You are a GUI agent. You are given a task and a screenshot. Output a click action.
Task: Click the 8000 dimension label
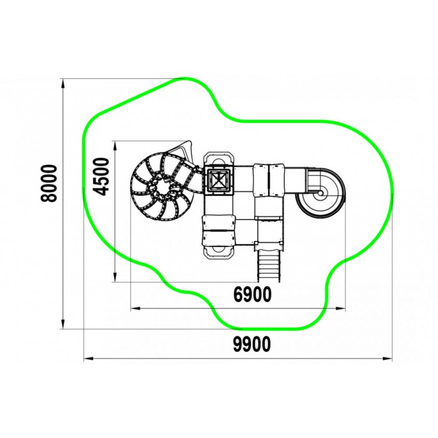tap(49, 183)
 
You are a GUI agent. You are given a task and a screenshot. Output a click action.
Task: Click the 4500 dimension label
tap(101, 176)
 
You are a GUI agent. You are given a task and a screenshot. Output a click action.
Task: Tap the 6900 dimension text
tap(252, 294)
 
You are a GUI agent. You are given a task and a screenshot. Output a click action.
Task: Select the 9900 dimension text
tap(252, 344)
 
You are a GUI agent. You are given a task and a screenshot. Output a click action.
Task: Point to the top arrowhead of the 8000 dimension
tap(63, 84)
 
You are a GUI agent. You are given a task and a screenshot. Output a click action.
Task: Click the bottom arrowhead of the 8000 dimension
tap(63, 323)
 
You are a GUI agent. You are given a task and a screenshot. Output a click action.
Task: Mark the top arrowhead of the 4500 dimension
tap(115, 146)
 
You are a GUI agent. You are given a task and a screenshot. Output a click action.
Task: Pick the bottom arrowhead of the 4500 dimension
tap(115, 277)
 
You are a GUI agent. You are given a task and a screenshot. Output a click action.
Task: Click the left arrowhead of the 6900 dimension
tap(136, 308)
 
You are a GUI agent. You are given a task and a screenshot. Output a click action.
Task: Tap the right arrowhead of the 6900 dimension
tap(340, 308)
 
